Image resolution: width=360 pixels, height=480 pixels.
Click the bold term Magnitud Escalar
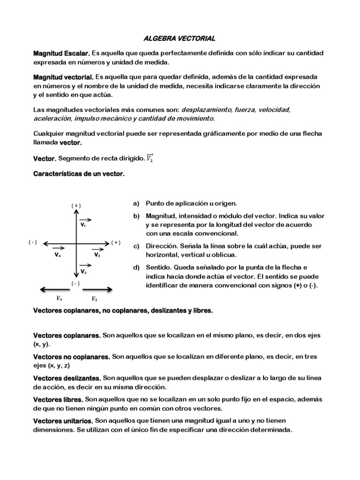pos(61,54)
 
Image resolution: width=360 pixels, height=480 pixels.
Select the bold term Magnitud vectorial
pos(63,77)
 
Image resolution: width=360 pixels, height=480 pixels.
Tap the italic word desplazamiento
pos(207,110)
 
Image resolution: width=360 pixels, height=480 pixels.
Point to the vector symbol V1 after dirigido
pos(150,158)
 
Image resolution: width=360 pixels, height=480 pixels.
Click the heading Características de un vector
pos(79,174)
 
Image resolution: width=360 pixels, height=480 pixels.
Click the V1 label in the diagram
pos(83,225)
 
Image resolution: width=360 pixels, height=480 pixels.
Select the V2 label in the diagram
pos(97,255)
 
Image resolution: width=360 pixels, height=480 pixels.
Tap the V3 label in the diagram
pos(83,271)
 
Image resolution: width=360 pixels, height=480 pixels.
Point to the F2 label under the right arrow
pos(94,298)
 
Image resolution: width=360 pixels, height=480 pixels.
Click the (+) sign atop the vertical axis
pos(76,205)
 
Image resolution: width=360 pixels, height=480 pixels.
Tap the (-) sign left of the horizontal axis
pos(32,242)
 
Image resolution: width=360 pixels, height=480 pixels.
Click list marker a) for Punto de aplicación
pos(136,203)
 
